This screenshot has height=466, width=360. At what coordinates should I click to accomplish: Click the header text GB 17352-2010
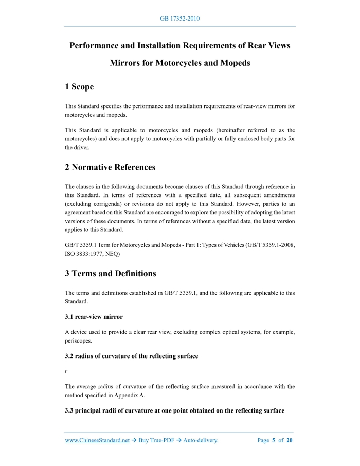(179, 19)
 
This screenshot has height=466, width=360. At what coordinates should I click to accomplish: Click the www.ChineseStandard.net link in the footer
(97, 440)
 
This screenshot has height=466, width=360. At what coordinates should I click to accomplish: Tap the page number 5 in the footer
(274, 440)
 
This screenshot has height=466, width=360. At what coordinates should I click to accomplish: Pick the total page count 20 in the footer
(290, 440)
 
